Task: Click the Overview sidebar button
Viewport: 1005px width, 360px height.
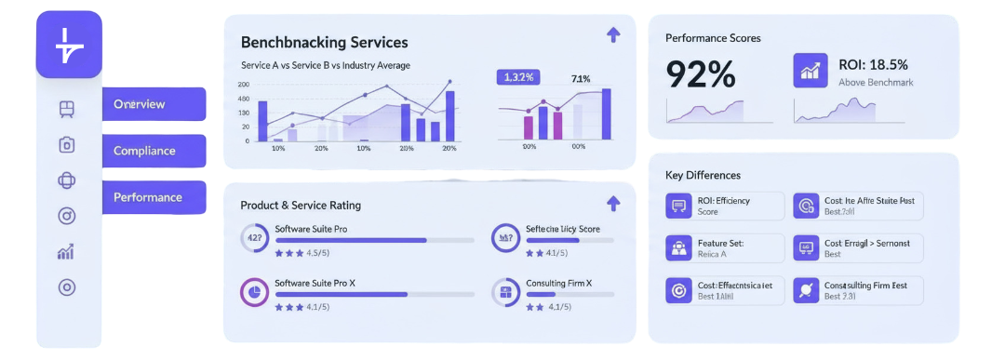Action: (154, 104)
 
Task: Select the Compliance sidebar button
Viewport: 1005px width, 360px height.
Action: (154, 151)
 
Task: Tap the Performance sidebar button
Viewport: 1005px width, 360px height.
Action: (154, 197)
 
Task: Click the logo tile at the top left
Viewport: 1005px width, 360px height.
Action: (68, 45)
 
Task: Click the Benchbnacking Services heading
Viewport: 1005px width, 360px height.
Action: (324, 43)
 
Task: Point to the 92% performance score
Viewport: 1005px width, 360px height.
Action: (701, 74)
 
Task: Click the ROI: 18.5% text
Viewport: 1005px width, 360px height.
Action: (873, 64)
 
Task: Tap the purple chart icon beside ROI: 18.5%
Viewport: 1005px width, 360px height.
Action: (810, 70)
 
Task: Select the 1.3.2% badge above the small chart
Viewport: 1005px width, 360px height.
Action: (518, 77)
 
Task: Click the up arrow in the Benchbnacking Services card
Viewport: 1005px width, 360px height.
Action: (612, 35)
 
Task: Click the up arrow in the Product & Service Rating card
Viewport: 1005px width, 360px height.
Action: (612, 203)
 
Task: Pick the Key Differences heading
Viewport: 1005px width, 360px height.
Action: (703, 175)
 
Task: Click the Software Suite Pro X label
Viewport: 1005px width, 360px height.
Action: (315, 283)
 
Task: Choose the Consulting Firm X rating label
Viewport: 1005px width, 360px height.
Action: (558, 283)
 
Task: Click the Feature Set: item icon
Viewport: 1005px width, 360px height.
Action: (677, 247)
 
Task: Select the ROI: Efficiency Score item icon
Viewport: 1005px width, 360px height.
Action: (677, 206)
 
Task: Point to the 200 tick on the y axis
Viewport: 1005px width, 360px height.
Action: (244, 85)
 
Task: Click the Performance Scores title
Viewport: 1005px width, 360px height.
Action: (713, 38)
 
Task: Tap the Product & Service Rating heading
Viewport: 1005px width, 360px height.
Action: (301, 205)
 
